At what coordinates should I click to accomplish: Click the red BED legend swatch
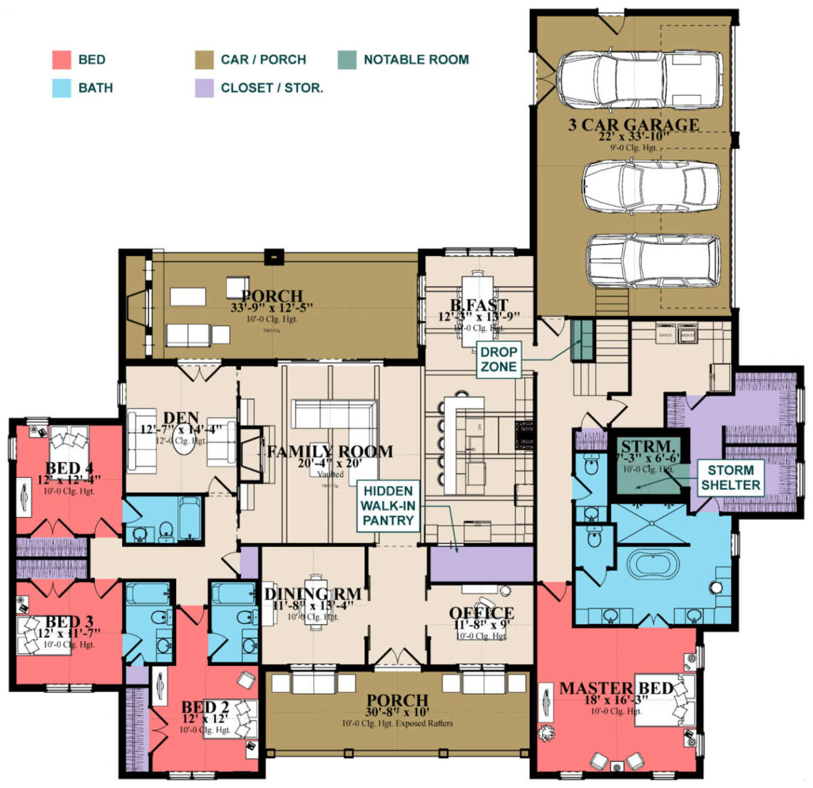pyautogui.click(x=62, y=59)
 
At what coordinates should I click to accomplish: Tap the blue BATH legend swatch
pyautogui.click(x=62, y=88)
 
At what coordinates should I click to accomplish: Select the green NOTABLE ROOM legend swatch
pyautogui.click(x=347, y=59)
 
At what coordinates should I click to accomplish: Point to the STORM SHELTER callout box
pyautogui.click(x=730, y=478)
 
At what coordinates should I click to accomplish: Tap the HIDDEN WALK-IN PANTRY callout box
pyautogui.click(x=388, y=506)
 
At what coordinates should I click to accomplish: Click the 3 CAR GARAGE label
pyautogui.click(x=633, y=126)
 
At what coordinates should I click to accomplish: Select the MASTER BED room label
pyautogui.click(x=615, y=688)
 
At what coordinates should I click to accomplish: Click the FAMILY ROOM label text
pyautogui.click(x=329, y=451)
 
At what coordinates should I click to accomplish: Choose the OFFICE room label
pyautogui.click(x=481, y=613)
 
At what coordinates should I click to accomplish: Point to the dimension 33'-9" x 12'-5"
pyautogui.click(x=271, y=308)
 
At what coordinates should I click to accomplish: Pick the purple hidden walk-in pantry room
pyautogui.click(x=481, y=565)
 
